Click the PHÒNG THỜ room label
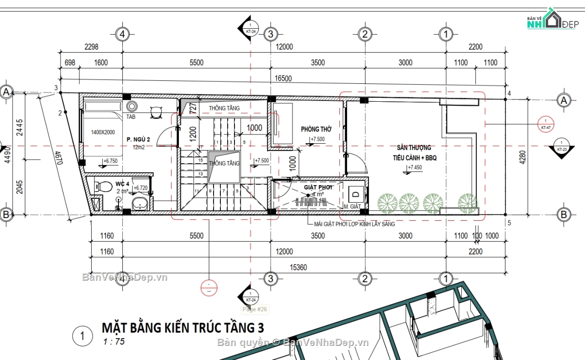(x=316, y=129)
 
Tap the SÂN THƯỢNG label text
(x=413, y=147)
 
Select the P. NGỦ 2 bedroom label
(x=138, y=140)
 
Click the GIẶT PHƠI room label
(x=318, y=187)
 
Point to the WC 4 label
(x=122, y=184)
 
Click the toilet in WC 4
(x=99, y=186)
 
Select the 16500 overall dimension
(x=284, y=78)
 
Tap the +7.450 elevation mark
(x=415, y=168)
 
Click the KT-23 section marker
(x=562, y=146)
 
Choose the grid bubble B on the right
(x=564, y=214)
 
